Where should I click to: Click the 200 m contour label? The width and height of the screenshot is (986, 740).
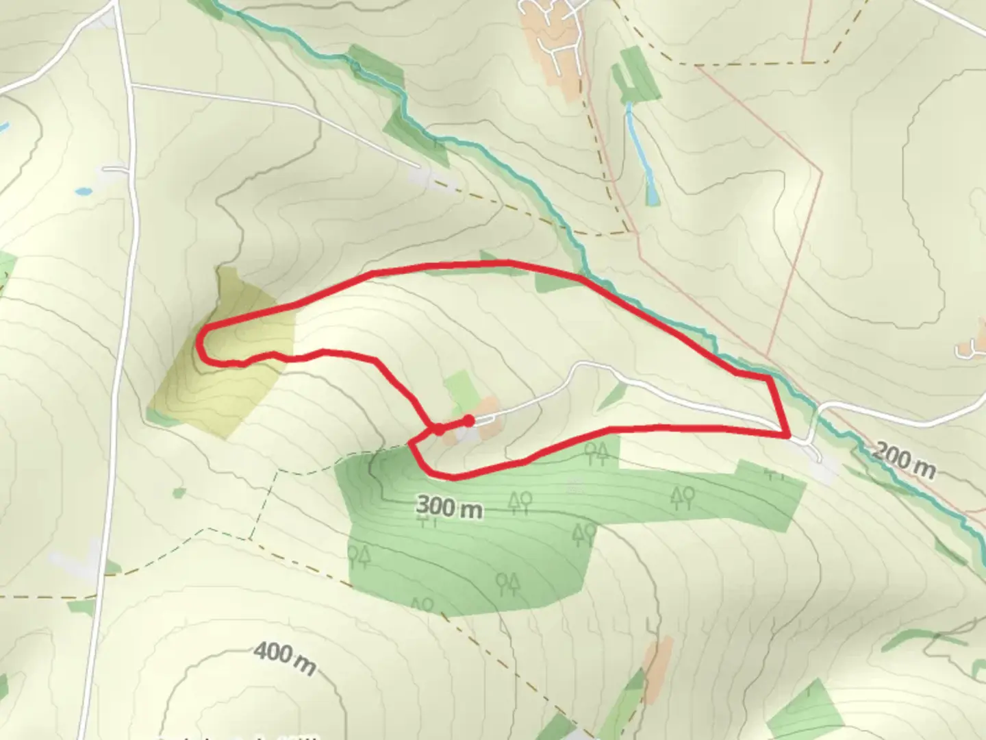904,460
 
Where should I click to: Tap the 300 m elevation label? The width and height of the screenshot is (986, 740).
448,508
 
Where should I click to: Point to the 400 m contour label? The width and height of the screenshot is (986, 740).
285,658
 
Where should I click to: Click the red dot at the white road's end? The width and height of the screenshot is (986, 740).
468,420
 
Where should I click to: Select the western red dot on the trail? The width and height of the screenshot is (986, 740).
438,430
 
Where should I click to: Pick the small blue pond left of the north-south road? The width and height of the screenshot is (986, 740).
84,191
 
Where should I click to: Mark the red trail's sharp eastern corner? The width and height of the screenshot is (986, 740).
788,434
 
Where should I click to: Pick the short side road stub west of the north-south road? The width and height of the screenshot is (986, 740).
114,169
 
